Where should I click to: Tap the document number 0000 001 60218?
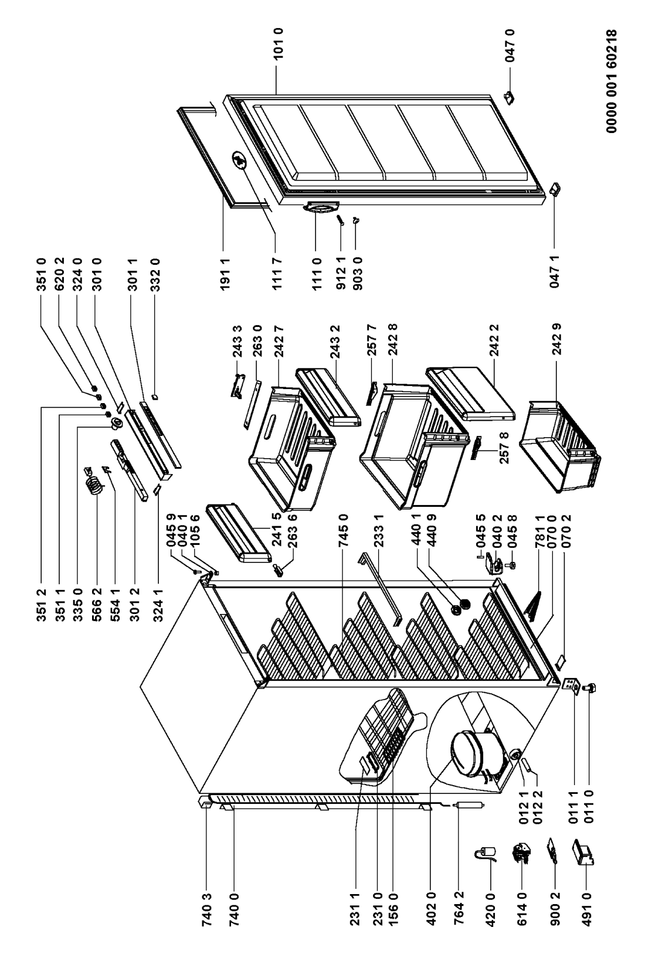612,81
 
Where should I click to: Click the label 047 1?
555,271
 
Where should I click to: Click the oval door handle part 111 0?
321,207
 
